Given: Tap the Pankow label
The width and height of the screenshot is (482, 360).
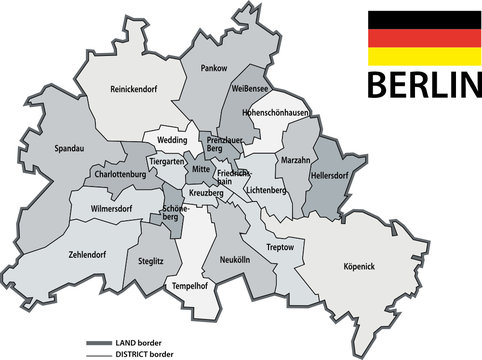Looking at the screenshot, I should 214,68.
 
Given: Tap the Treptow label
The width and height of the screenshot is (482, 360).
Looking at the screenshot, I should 281,246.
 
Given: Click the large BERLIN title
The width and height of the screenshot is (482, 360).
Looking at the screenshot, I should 425,84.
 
